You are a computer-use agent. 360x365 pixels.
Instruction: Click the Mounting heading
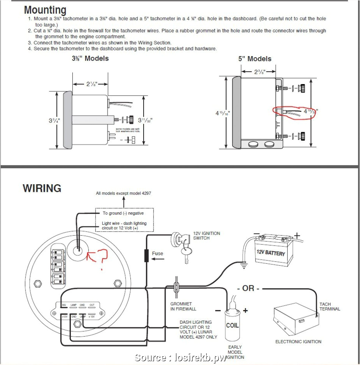coord(45,10)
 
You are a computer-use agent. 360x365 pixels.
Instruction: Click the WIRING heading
coord(42,188)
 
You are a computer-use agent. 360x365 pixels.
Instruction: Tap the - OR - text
coord(248,288)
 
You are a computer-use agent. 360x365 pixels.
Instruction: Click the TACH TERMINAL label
coord(330,307)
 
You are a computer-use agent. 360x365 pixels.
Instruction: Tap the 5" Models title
coord(255,59)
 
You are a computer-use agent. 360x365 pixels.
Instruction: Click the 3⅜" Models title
coord(90,58)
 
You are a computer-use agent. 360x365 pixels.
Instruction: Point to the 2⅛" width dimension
coord(91,84)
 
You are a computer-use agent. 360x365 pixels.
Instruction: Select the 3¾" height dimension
coord(53,121)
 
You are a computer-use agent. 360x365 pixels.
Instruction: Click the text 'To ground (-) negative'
coord(123,213)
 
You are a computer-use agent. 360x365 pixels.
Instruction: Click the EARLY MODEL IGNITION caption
coord(235,352)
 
